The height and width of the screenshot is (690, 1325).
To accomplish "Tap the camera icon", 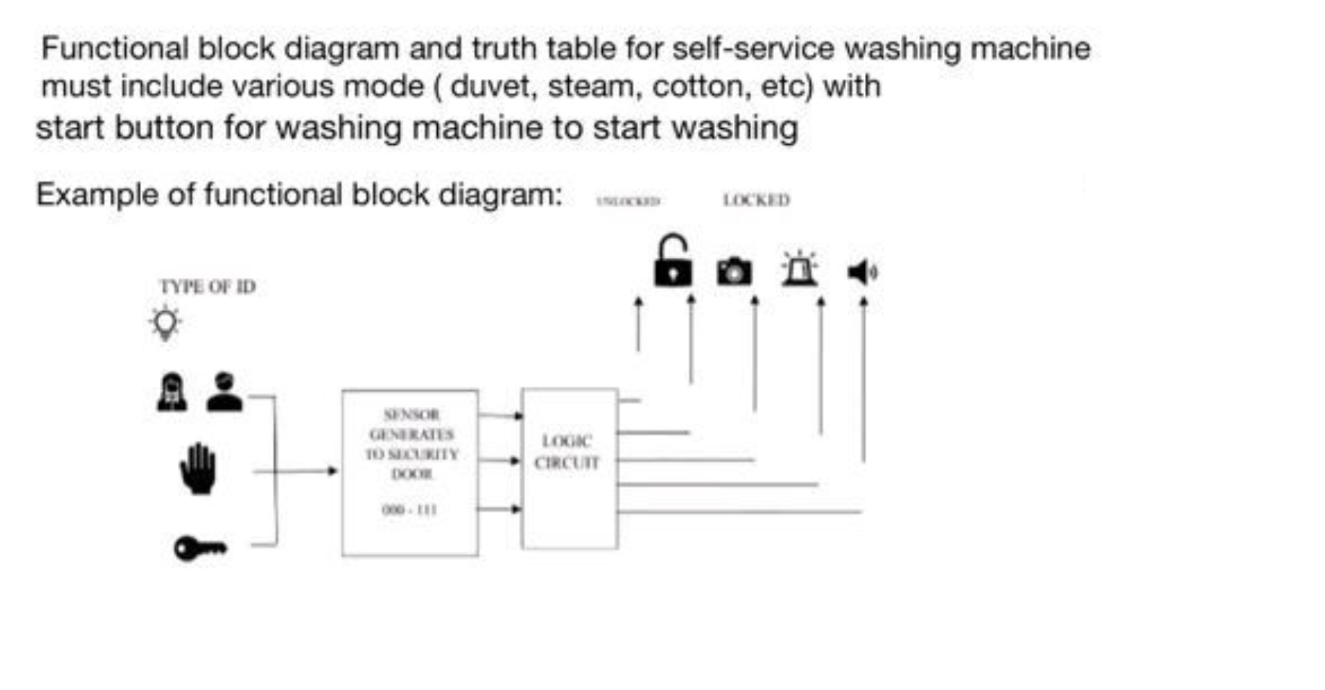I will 734,272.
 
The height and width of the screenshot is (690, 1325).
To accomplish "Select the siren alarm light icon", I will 799,269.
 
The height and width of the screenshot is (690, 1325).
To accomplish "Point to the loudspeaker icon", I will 861,272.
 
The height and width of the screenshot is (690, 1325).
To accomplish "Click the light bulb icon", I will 165,323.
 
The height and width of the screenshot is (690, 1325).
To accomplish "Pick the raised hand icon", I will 197,469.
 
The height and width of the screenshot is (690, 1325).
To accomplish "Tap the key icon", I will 200,548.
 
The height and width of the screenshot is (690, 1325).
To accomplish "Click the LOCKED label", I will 756,200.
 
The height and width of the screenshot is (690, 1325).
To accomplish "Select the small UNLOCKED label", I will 628,201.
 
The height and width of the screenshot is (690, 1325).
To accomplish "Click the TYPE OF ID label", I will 207,287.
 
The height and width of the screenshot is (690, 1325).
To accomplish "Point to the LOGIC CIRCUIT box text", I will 567,452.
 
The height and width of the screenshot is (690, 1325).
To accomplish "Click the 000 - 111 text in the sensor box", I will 409,510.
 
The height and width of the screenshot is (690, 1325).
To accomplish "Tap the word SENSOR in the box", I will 411,414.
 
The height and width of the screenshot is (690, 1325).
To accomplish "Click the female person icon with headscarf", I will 172,393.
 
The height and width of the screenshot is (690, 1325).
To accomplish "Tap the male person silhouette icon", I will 224,392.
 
